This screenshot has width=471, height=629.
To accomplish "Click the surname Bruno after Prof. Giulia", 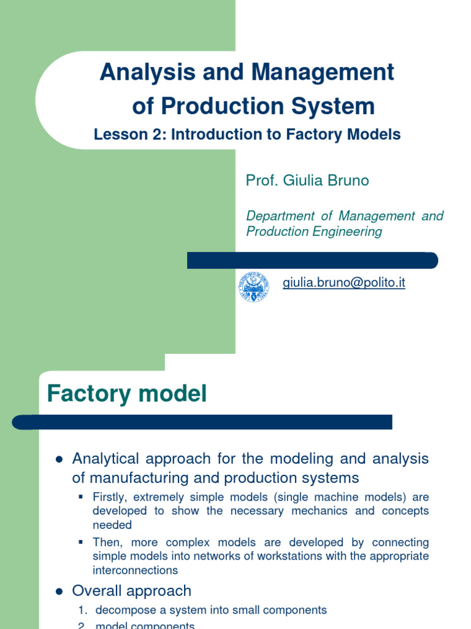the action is pyautogui.click(x=348, y=180).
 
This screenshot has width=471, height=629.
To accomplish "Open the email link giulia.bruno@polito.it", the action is pyautogui.click(x=343, y=283).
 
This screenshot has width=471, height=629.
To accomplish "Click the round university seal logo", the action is pyautogui.click(x=253, y=287).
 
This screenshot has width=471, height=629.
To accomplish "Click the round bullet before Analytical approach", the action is pyautogui.click(x=59, y=459).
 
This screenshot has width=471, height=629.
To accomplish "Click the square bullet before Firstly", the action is pyautogui.click(x=81, y=496).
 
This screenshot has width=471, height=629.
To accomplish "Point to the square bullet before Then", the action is pyautogui.click(x=81, y=542).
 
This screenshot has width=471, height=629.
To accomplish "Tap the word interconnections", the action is pyautogui.click(x=135, y=571).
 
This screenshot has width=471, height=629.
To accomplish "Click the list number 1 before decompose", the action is pyautogui.click(x=82, y=611).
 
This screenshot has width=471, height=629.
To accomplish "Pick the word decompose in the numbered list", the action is pyautogui.click(x=125, y=611).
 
